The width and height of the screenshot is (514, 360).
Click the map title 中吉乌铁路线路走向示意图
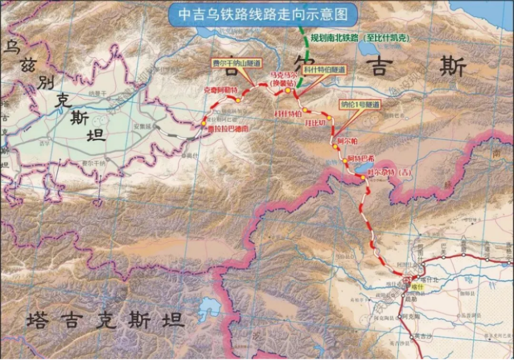tap(262, 14)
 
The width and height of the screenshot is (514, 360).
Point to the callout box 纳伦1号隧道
tap(360, 105)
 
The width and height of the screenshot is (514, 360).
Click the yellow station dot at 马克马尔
tap(288, 90)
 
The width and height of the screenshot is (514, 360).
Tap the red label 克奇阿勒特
tap(221, 89)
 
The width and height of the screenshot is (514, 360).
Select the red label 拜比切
tap(315, 123)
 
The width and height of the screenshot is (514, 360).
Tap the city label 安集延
tap(141, 124)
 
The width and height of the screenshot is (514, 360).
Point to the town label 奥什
tap(191, 154)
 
